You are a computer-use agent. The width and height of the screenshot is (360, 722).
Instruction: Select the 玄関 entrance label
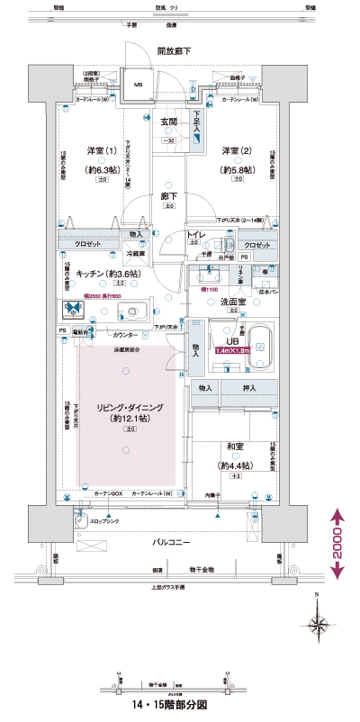(169, 122)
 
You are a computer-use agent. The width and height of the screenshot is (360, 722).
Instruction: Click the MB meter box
(138, 86)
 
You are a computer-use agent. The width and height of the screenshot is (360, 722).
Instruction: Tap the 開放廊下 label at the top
(174, 51)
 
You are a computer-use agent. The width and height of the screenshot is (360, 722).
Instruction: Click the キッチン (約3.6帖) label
(107, 273)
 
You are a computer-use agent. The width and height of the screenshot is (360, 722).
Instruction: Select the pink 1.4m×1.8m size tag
(232, 350)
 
